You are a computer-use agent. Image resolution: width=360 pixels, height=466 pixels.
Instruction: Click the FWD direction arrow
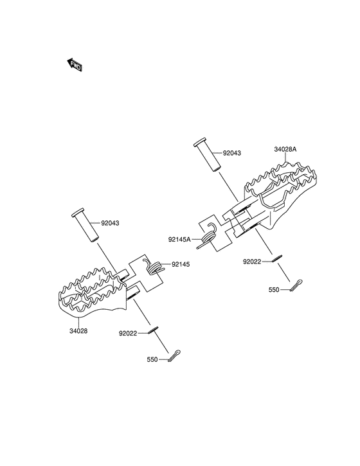74,64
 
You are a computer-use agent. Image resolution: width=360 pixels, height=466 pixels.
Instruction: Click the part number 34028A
285,149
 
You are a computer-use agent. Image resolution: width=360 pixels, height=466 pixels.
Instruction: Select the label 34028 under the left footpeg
78,331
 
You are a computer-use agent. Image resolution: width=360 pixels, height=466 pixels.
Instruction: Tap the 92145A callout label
179,239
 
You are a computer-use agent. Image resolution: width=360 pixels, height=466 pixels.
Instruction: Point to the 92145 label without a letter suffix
181,264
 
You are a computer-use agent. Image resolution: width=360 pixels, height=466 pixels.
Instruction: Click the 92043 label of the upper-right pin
232,154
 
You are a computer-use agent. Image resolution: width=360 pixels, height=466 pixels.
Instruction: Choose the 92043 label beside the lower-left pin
110,223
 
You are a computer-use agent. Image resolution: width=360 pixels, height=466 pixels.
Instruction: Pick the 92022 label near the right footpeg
252,262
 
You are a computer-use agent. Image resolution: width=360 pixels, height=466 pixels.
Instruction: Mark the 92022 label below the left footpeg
128,334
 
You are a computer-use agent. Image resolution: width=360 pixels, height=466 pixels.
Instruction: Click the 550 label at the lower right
274,290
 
